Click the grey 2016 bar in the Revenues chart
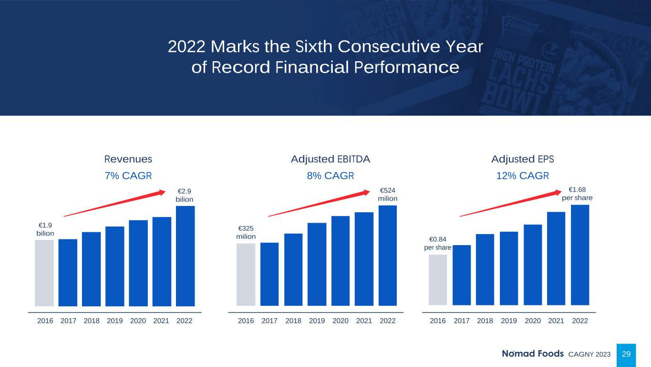click(x=44, y=272)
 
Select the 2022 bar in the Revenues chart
click(x=185, y=256)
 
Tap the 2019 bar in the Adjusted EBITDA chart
click(x=317, y=264)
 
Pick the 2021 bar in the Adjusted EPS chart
click(x=556, y=258)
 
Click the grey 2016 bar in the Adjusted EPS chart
click(x=438, y=280)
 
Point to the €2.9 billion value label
click(x=185, y=195)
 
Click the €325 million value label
click(x=246, y=232)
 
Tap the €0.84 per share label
click(x=438, y=243)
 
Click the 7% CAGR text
click(x=128, y=175)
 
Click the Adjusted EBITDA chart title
click(x=331, y=159)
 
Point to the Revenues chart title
click(x=128, y=159)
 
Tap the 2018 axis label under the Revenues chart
click(x=92, y=321)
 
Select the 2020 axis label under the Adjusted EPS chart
click(x=533, y=321)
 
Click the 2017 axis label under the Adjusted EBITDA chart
click(x=269, y=321)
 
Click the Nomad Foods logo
click(x=533, y=354)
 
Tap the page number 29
click(x=626, y=354)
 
